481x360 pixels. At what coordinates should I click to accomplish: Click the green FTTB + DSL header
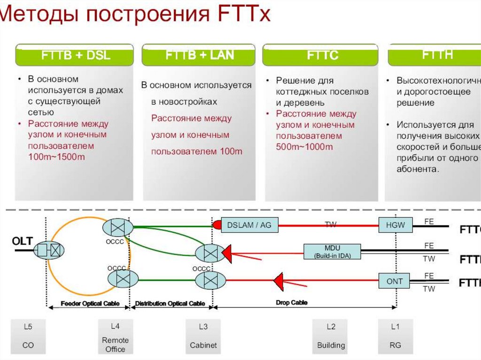point(75,55)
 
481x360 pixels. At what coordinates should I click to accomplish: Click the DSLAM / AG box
point(249,225)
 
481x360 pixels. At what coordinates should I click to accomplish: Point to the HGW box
point(395,225)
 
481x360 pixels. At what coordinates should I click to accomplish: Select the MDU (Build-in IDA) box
point(332,252)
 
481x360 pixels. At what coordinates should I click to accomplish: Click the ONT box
point(395,281)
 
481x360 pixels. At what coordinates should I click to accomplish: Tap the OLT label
point(22,241)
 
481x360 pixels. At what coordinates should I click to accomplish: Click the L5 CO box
point(28,337)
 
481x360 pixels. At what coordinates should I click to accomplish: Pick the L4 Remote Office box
point(115,337)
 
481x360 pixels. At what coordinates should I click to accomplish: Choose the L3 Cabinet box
point(203,337)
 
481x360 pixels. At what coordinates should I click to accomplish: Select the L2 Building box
point(331,337)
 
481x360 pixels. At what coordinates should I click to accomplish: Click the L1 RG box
point(395,337)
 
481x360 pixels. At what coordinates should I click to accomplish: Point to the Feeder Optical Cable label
point(89,304)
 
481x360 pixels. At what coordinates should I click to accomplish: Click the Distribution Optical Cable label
point(170,304)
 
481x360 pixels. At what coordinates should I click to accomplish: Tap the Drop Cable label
point(291,303)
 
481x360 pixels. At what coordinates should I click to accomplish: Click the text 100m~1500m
point(56,157)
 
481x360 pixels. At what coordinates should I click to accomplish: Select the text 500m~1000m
point(304,147)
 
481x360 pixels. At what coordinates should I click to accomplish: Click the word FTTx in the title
point(244,14)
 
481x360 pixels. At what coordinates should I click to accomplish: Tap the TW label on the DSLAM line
point(331,225)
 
